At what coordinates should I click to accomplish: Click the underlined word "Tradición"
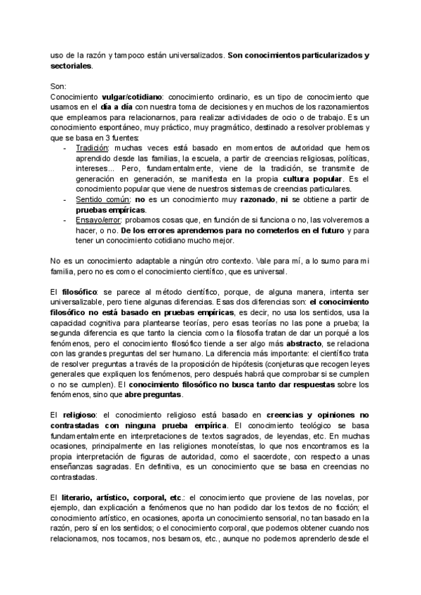click(90, 148)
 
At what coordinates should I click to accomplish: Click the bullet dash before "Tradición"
click(65, 148)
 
